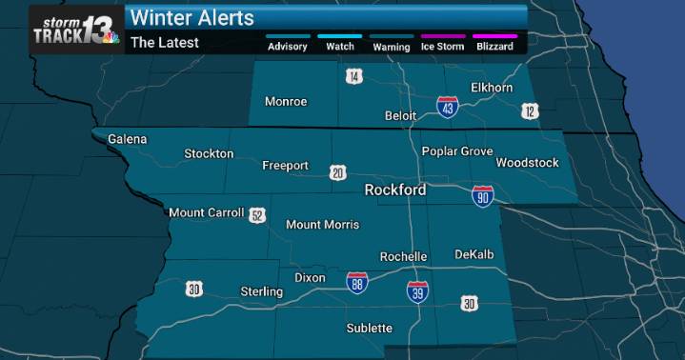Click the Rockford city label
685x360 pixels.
point(394,190)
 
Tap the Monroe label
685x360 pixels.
point(285,102)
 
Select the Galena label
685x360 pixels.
point(128,139)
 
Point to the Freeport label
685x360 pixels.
point(285,166)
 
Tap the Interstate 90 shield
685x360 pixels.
point(483,196)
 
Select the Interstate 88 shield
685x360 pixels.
point(356,282)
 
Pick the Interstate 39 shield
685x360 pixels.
point(417,291)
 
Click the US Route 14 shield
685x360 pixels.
point(354,76)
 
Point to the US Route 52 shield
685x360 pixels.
point(257,215)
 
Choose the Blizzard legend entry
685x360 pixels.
point(494,45)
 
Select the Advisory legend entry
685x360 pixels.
point(287,45)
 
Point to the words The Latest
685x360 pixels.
point(164,42)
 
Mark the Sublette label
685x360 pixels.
point(369,329)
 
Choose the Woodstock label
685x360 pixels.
point(527,163)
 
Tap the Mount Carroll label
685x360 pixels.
point(207,212)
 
